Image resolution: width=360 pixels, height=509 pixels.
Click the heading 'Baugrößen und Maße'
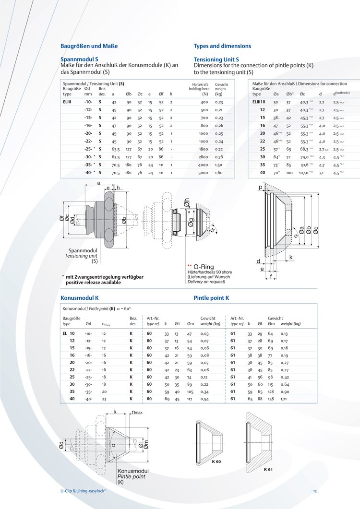pyautogui.click(x=89, y=46)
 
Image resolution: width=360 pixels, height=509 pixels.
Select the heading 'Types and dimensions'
pyautogui.click(x=222, y=46)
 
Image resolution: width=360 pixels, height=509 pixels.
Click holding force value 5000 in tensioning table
pyautogui.click(x=204, y=172)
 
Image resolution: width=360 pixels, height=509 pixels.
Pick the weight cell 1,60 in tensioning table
pyautogui.click(x=219, y=172)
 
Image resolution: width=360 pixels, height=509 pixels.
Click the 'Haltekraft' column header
pyautogui.click(x=198, y=84)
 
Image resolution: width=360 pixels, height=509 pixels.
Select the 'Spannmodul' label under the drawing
pyautogui.click(x=83, y=250)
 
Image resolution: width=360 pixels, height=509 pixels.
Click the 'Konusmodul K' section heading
pyautogui.click(x=80, y=298)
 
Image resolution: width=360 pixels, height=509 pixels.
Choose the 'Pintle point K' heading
pyautogui.click(x=212, y=298)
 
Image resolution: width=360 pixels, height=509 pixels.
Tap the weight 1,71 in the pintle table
pyautogui.click(x=284, y=399)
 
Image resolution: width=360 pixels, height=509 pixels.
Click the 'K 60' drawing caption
pyautogui.click(x=216, y=462)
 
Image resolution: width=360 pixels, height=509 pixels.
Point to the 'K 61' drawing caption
pyautogui.click(x=268, y=469)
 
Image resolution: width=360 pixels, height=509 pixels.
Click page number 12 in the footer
pyautogui.click(x=315, y=491)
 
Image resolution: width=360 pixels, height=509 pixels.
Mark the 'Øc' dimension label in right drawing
pyautogui.click(x=315, y=230)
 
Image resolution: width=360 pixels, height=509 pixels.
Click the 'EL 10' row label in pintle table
pyautogui.click(x=69, y=333)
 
